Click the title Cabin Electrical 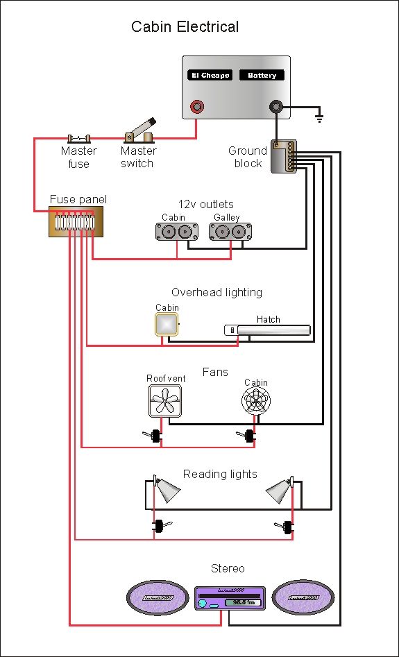(185, 27)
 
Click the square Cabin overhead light (167, 324)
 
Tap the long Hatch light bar (267, 330)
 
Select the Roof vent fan (164, 401)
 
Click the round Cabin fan (255, 402)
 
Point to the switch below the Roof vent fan (155, 436)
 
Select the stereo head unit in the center (229, 599)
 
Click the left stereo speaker (158, 597)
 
